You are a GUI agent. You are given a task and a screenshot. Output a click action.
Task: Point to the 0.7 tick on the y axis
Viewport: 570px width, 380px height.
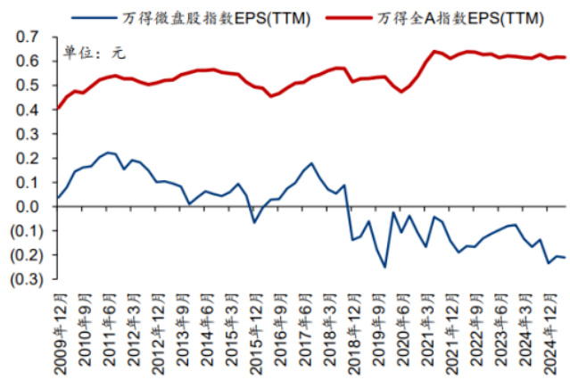pyautogui.click(x=29, y=37)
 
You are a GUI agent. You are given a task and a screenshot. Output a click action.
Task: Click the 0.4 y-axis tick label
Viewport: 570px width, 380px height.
pyautogui.click(x=29, y=110)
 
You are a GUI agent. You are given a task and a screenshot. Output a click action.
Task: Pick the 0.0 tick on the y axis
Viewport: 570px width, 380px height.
pyautogui.click(x=29, y=207)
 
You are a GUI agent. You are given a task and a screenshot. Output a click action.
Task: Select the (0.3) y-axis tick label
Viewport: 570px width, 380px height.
pyautogui.click(x=26, y=280)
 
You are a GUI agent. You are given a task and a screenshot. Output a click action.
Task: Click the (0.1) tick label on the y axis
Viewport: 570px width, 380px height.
pyautogui.click(x=26, y=231)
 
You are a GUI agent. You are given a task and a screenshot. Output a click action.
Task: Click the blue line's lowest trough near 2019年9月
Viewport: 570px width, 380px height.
pyautogui.click(x=385, y=267)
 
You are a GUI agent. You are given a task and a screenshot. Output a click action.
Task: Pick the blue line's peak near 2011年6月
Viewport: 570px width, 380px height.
pyautogui.click(x=107, y=153)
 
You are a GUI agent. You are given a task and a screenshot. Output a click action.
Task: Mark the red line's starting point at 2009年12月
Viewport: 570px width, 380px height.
pyautogui.click(x=58, y=109)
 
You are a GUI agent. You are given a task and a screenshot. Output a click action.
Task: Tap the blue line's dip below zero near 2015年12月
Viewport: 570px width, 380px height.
pyautogui.click(x=253, y=222)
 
